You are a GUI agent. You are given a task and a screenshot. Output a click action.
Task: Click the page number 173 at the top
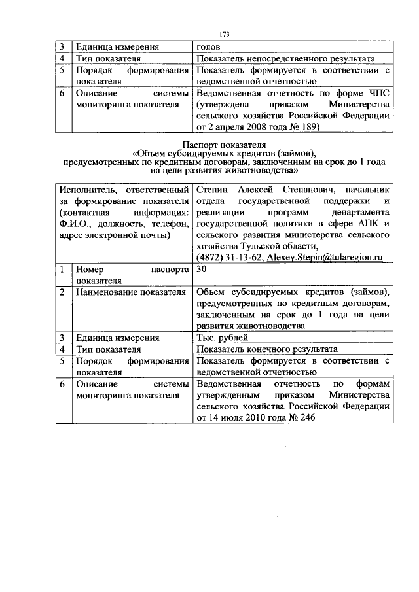(x=225, y=34)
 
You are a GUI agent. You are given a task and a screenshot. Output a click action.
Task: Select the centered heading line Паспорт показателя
(x=224, y=145)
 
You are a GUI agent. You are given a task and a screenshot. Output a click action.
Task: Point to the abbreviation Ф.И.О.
(x=75, y=224)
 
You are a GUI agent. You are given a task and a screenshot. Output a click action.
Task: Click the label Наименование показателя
(x=129, y=292)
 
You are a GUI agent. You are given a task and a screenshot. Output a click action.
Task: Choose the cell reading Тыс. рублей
(x=221, y=338)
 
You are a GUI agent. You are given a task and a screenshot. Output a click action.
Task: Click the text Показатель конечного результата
(x=266, y=349)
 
